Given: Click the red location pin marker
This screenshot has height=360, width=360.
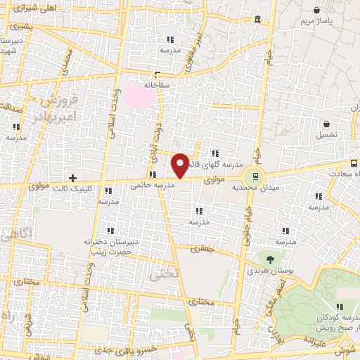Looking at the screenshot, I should click(x=180, y=165).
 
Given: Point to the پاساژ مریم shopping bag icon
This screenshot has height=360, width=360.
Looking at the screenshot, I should click(x=318, y=11).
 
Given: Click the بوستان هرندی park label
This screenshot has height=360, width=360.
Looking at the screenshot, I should click(x=269, y=271).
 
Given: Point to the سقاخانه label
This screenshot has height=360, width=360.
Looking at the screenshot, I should click(x=158, y=84).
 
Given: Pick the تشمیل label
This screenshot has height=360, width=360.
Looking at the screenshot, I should click(x=326, y=134).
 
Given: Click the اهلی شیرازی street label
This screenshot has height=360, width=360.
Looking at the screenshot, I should click(x=26, y=8).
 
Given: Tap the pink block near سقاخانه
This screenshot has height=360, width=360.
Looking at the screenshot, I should click(x=136, y=96).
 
